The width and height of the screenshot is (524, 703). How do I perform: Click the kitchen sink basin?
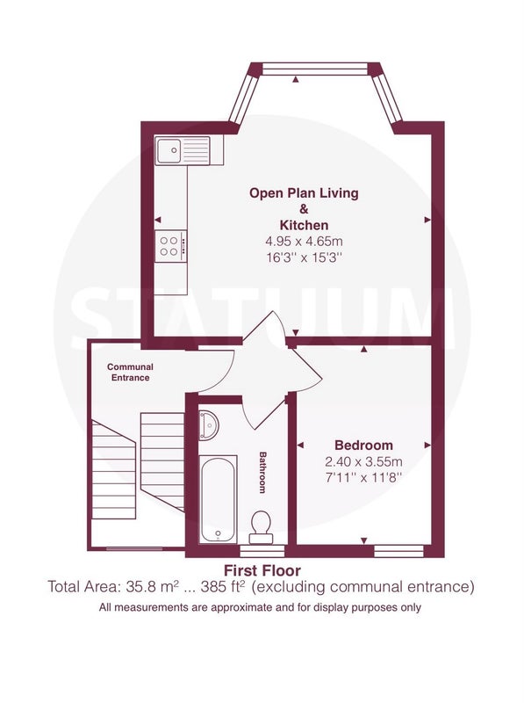[169, 150]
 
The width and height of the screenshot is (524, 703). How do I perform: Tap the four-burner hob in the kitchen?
[170, 246]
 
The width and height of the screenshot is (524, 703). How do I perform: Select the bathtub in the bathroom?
[218, 499]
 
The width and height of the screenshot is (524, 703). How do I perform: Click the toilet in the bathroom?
[261, 526]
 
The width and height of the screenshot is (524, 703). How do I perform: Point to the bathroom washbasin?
[208, 424]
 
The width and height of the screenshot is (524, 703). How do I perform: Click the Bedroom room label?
[363, 446]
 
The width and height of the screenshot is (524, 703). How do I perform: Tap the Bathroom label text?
[263, 473]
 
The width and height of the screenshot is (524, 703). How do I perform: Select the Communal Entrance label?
[130, 372]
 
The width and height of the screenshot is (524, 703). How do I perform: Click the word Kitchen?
[304, 225]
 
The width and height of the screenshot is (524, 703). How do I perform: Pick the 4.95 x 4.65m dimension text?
[304, 241]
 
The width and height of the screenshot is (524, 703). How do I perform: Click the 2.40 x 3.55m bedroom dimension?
[363, 461]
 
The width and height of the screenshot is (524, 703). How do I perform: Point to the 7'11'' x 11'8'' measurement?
[363, 477]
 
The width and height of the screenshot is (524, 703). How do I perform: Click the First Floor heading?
[262, 570]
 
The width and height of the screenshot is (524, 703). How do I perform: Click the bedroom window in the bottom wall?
[398, 551]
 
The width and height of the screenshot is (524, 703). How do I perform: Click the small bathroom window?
[262, 550]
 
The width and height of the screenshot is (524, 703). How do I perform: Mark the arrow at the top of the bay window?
[296, 80]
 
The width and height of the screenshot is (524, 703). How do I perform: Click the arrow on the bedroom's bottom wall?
[364, 540]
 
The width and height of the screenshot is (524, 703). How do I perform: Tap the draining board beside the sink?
[195, 150]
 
